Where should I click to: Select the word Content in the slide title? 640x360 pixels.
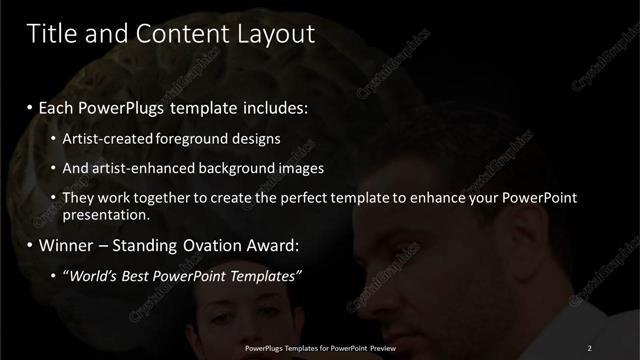(x=177, y=34)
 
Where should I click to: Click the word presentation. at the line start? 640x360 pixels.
(x=106, y=214)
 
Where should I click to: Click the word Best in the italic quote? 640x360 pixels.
(x=142, y=274)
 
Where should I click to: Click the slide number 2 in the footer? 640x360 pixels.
(x=590, y=347)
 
